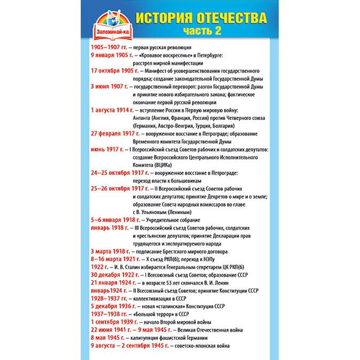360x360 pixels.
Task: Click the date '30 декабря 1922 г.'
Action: point(113,275)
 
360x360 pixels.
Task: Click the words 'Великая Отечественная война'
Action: point(210,330)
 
